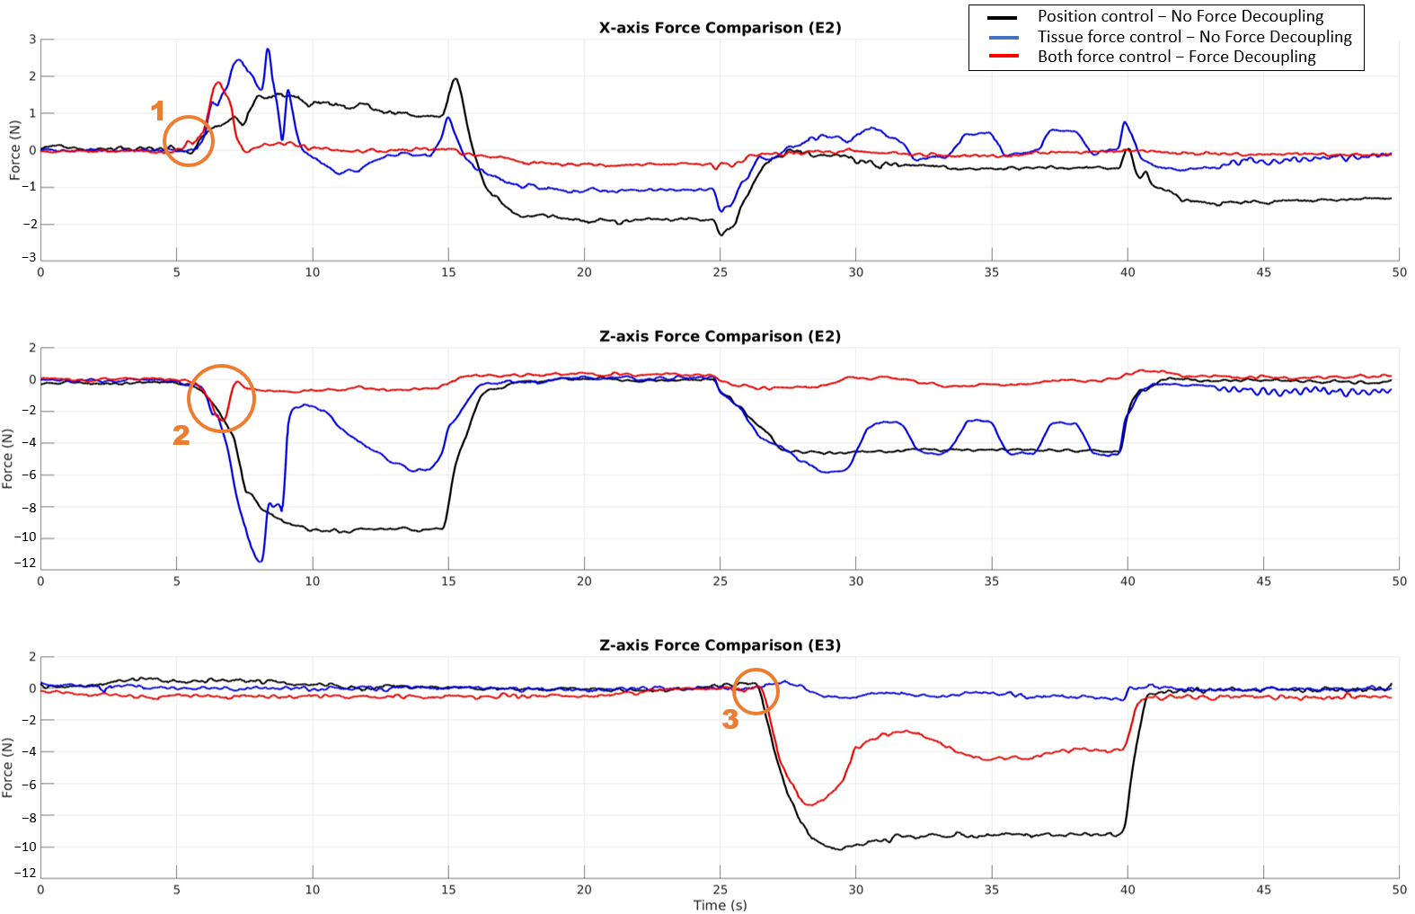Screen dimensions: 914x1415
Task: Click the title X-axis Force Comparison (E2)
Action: tap(720, 28)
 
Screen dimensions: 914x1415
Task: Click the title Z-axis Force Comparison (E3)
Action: tap(720, 645)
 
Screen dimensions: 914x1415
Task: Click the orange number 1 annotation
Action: tap(158, 111)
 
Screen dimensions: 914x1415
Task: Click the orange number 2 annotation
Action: tap(181, 435)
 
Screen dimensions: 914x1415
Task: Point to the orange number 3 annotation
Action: tap(730, 719)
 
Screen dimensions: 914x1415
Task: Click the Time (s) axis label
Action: tap(720, 905)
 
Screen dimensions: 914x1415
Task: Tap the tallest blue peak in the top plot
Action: tap(268, 50)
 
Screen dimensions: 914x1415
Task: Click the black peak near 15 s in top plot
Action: tap(455, 79)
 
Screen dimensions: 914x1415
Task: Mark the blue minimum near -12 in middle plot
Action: tap(261, 562)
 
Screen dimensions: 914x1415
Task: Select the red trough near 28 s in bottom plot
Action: tap(809, 804)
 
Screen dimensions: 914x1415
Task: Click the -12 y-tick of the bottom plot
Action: tap(27, 873)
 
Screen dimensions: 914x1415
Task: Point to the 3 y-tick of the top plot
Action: tap(32, 40)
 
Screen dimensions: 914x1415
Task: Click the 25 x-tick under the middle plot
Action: tap(721, 581)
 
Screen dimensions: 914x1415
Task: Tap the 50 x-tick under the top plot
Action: tap(1399, 272)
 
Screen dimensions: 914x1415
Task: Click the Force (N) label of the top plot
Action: tap(14, 150)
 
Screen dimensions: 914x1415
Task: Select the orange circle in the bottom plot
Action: tap(756, 690)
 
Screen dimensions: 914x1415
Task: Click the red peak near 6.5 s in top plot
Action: tap(218, 83)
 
